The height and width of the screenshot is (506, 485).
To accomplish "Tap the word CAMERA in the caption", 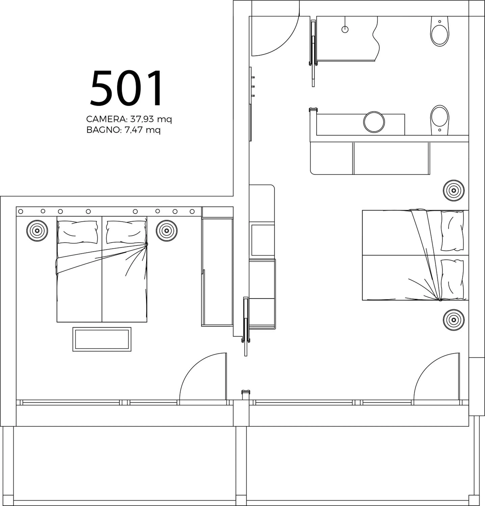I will [106, 119].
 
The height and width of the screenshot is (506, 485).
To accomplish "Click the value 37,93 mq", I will [151, 119].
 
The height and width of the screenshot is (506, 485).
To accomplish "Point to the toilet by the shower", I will [440, 32].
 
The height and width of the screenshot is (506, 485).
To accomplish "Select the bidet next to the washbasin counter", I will [440, 119].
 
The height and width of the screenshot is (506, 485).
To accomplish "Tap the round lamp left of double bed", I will [37, 231].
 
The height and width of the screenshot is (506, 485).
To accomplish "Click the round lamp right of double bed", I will [167, 231].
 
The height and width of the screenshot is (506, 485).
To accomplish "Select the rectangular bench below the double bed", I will [102, 339].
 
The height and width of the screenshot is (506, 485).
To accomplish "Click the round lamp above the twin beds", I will [454, 191].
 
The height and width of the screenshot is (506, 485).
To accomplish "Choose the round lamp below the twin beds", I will [454, 320].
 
